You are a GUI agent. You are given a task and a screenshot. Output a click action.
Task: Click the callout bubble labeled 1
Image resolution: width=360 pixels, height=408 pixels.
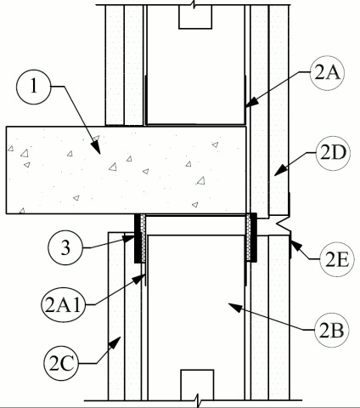coord(34,86)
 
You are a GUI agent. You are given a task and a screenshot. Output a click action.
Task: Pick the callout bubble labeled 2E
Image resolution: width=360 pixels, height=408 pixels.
coord(337,259)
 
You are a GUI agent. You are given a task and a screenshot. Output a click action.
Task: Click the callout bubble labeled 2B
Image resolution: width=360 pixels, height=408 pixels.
coord(331,330)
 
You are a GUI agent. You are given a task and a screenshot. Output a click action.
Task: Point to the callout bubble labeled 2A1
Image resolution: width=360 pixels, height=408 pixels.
coord(63,305)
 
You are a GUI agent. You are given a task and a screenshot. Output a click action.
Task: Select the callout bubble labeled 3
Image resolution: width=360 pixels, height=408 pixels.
coord(65,247)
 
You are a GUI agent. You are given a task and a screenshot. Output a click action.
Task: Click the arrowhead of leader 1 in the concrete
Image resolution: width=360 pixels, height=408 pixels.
coord(97,147)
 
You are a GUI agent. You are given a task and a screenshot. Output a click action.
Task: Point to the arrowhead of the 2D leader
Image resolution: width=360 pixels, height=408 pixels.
coord(280,171)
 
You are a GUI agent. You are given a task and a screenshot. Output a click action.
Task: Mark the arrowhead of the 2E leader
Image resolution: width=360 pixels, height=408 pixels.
coord(295,246)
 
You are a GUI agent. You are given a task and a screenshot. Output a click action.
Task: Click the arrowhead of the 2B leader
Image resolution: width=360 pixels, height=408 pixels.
coord(235,307)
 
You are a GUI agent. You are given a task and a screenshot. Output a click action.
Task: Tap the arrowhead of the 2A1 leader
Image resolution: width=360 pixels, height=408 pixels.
coord(139,279)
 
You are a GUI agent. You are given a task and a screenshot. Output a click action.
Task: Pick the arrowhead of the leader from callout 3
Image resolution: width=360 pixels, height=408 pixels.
coord(129,238)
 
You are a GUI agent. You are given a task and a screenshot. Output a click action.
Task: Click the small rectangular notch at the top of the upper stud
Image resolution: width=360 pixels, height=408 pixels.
coord(195,17)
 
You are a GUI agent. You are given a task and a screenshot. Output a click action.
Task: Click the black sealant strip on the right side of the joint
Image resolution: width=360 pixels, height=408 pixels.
coord(254,237)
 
